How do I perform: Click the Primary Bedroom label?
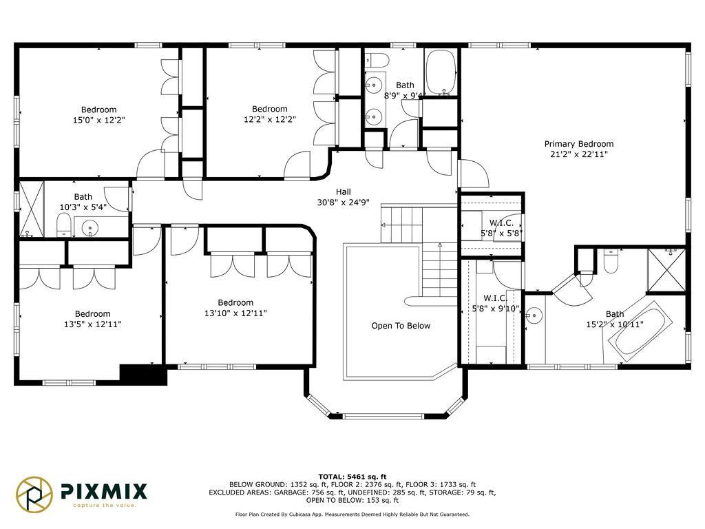coord(578,144)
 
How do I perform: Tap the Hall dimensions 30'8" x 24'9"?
coord(343,203)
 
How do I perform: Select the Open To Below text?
coord(401,326)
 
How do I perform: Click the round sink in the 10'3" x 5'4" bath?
coord(90,227)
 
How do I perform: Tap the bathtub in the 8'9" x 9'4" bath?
coord(441,72)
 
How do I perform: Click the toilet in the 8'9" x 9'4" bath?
coord(377,59)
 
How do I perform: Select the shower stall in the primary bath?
coord(666,270)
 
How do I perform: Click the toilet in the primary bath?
coord(610,260)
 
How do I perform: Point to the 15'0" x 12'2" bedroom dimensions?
coord(98,120)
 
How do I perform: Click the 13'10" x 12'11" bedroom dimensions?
coord(235,313)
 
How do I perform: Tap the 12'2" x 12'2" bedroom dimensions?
coord(270,119)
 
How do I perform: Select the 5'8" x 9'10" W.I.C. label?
coord(496,304)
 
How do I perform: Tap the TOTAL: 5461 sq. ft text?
coord(352,477)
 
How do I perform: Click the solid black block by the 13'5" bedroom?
coord(143,374)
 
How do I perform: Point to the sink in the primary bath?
coord(534,315)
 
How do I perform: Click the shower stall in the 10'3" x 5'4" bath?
coord(32,208)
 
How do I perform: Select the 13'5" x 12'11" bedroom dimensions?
coord(93,324)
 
